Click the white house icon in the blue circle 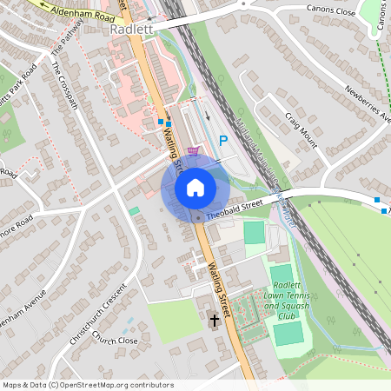point(195,188)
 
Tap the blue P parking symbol point(223,140)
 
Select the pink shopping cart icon point(193,149)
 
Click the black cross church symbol point(214,321)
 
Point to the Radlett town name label point(132,29)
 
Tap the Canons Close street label point(332,10)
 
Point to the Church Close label point(115,340)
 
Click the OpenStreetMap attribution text point(87,385)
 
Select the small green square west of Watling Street point(134,210)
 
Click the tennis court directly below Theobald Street point(254,232)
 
